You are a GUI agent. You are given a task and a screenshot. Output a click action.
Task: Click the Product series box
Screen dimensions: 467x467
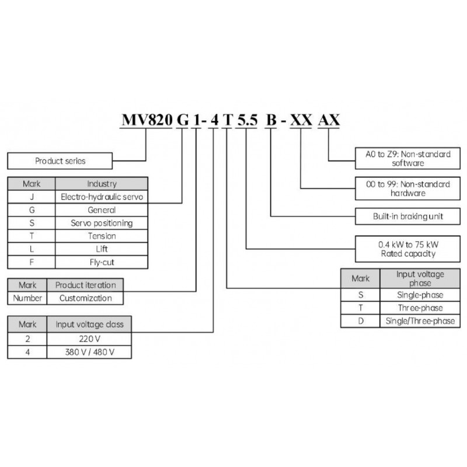tap(60, 160)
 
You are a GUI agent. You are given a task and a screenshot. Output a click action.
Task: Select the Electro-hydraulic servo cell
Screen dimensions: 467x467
tap(102, 197)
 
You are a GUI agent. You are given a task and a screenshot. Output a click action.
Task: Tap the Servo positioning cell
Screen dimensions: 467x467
tap(102, 223)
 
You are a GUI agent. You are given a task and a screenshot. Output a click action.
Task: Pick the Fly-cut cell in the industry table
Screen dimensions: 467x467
tap(102, 262)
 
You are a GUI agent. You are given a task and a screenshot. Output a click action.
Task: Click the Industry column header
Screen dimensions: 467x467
tap(102, 183)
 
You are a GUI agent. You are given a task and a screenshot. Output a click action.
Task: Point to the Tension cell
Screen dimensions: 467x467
tap(102, 236)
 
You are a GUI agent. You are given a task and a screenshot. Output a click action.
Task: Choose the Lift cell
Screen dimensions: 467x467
tap(102, 249)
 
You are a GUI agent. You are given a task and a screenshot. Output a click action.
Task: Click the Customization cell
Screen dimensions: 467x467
tap(85, 298)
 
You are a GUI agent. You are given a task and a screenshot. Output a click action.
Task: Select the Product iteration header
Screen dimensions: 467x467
tap(85, 285)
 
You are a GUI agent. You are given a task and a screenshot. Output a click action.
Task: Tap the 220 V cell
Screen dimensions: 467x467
tap(93, 338)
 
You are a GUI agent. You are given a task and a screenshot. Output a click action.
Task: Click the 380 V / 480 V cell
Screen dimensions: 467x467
tap(93, 351)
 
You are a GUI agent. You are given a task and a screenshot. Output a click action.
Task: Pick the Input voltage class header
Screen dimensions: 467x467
tap(93, 324)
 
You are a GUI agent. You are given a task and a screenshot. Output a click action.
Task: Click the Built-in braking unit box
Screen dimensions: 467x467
tap(408, 216)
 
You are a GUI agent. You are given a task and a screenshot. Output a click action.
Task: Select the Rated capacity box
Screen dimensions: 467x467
tap(408, 249)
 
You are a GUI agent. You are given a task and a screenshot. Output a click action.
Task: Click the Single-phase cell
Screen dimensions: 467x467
tap(420, 295)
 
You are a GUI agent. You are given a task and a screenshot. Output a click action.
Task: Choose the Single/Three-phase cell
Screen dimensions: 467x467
tap(420, 321)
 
